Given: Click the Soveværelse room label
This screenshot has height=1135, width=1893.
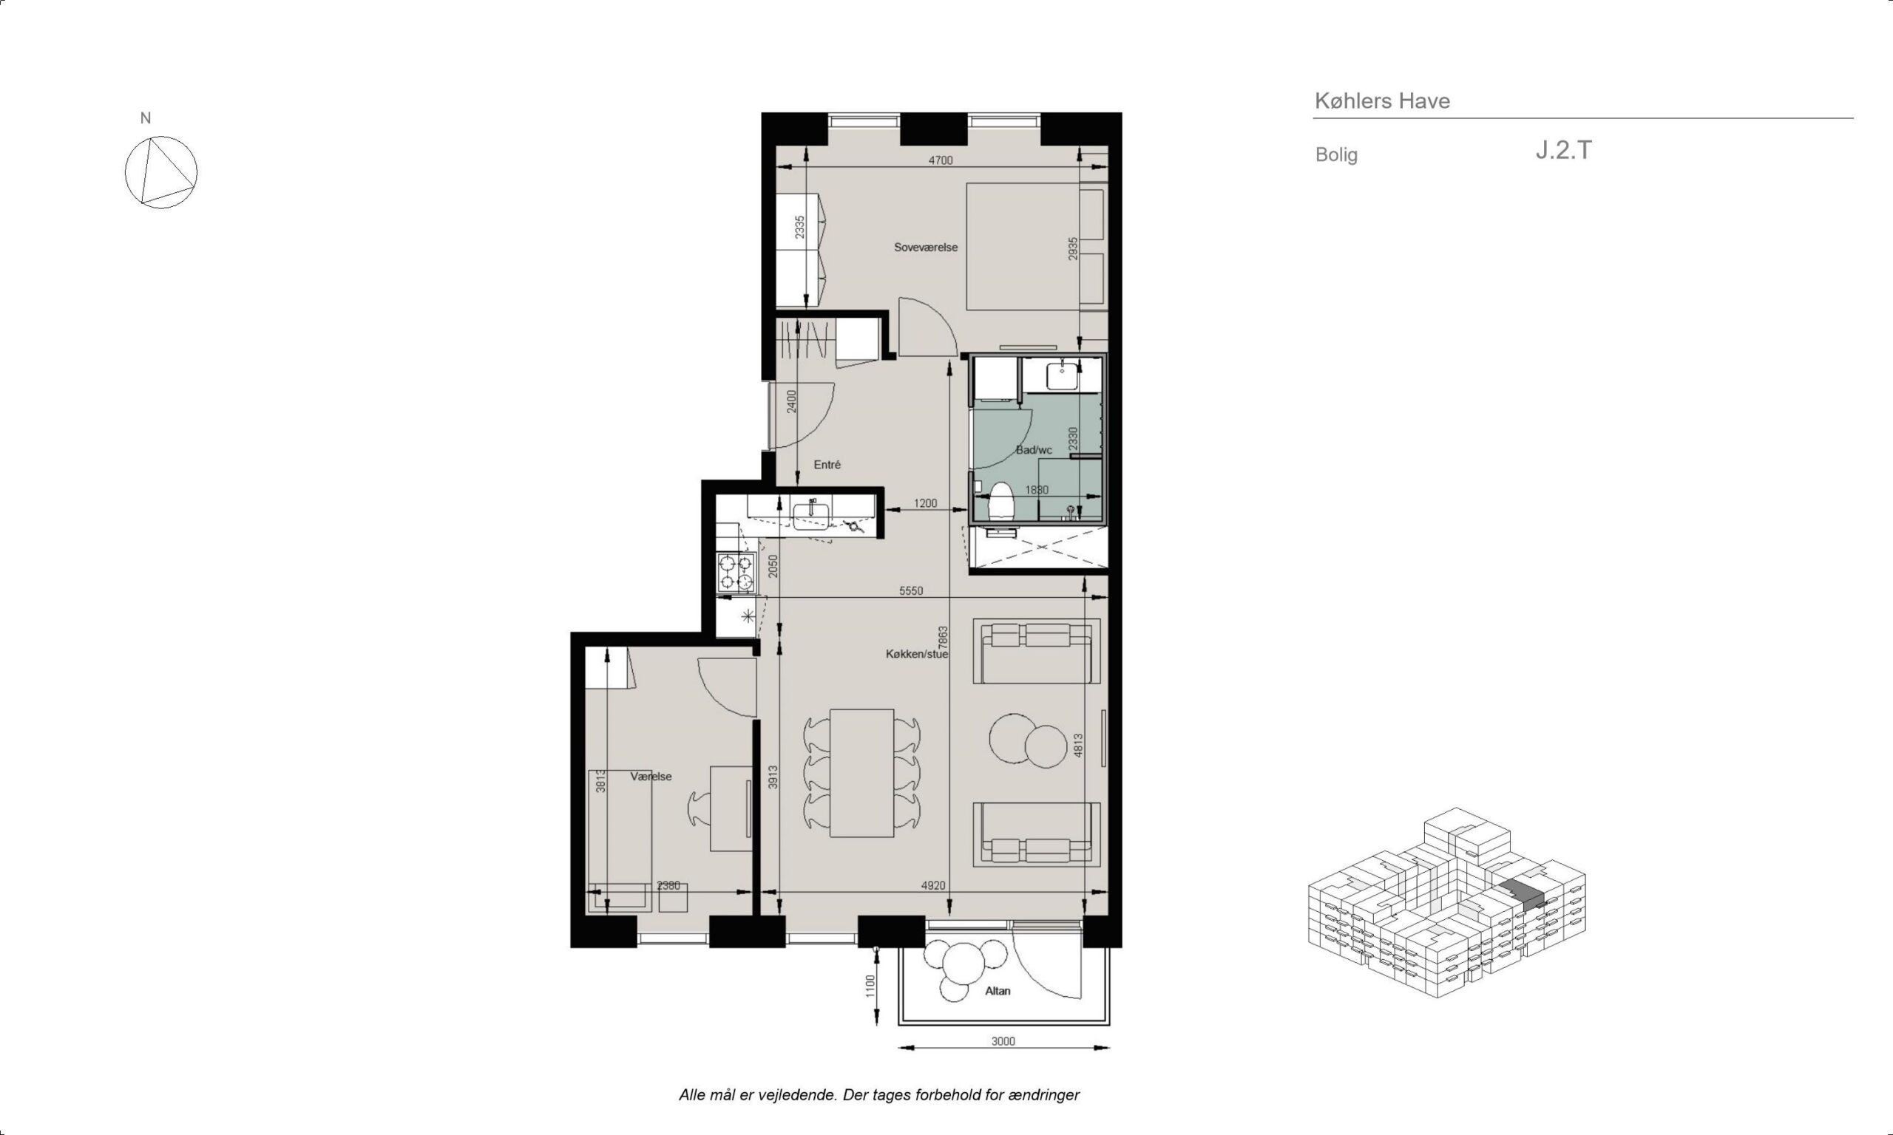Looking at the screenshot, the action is pyautogui.click(x=926, y=247).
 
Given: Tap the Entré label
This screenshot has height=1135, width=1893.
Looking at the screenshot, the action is pyautogui.click(x=827, y=464).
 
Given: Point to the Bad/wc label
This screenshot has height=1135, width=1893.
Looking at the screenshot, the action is pyautogui.click(x=1034, y=450).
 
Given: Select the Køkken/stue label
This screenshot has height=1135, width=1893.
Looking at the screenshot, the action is pyautogui.click(x=917, y=654).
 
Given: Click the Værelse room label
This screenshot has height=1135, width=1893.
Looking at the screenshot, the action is pyautogui.click(x=651, y=777).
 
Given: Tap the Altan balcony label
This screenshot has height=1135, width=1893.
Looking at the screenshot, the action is pyautogui.click(x=998, y=990).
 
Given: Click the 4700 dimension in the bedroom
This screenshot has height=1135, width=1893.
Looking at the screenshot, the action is pyautogui.click(x=941, y=160).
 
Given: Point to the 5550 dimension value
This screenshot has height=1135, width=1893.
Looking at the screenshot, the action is pyautogui.click(x=910, y=590).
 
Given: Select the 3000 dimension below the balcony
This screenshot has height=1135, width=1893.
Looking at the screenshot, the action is pyautogui.click(x=1003, y=1041).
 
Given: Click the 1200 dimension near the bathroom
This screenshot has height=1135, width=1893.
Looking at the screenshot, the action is pyautogui.click(x=925, y=503).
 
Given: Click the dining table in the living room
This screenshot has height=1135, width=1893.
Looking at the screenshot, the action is pyautogui.click(x=861, y=772).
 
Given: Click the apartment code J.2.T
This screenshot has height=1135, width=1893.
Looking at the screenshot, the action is pyautogui.click(x=1563, y=150).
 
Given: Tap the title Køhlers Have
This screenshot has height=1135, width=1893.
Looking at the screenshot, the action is pyautogui.click(x=1382, y=101).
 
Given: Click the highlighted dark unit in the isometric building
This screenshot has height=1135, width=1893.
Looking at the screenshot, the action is pyautogui.click(x=1522, y=894).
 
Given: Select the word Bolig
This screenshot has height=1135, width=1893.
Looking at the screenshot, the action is pyautogui.click(x=1336, y=154).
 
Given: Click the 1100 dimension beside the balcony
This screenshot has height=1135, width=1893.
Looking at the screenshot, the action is pyautogui.click(x=869, y=985).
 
